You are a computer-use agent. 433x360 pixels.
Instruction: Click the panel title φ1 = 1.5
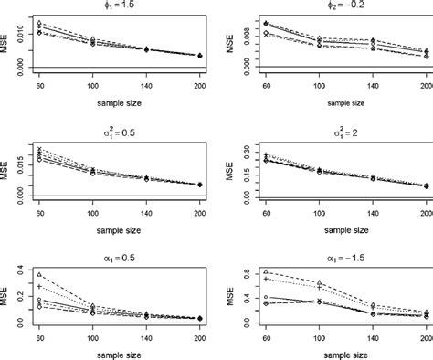click(x=119, y=6)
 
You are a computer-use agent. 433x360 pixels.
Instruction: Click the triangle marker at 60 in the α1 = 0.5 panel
click(x=39, y=274)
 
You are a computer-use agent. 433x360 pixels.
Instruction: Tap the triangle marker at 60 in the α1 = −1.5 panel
click(x=265, y=271)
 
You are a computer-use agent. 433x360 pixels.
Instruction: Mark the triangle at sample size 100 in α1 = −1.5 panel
click(x=319, y=282)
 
